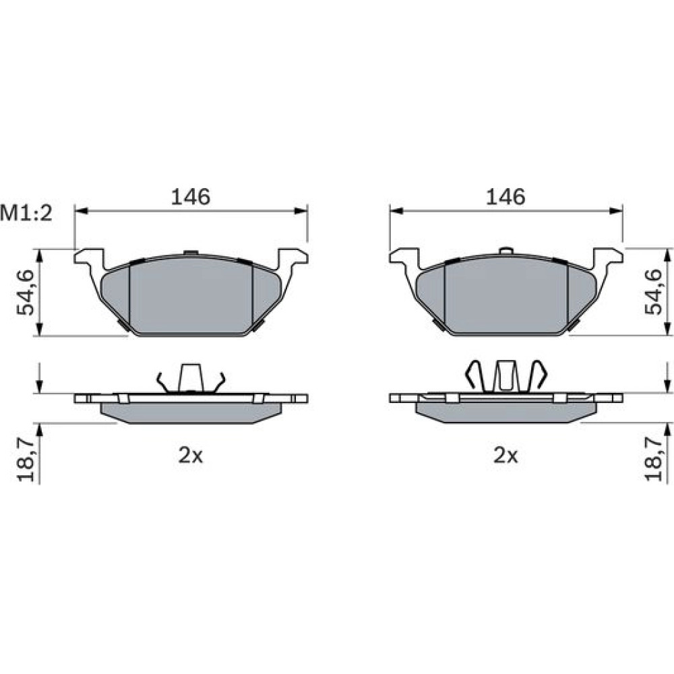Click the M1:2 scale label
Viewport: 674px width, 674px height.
(x=26, y=213)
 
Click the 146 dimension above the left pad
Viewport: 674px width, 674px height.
(x=191, y=197)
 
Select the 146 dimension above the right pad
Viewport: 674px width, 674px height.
(x=506, y=197)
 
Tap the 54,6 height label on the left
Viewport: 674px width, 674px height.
(x=26, y=293)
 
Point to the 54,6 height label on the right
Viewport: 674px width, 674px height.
(x=653, y=293)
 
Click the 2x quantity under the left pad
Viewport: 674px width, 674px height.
(x=191, y=456)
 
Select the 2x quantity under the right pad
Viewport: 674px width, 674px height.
(x=506, y=456)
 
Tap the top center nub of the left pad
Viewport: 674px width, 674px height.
(x=191, y=252)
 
